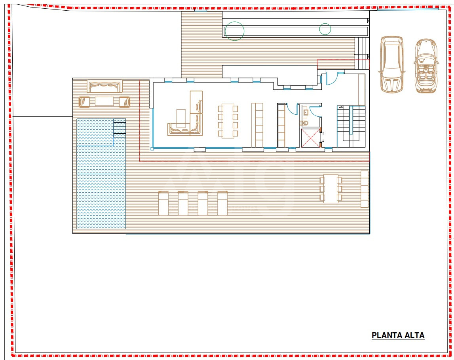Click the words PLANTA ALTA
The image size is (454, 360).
point(398,335)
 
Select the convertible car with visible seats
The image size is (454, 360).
point(426,66)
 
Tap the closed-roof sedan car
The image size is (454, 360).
point(391,64)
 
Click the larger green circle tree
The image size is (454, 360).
point(235,31)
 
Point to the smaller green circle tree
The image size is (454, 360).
point(325,29)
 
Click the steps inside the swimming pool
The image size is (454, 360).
point(120,128)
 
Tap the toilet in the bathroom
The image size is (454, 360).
point(304,123)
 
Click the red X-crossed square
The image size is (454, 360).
point(310,138)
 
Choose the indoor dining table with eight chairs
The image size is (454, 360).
point(228,121)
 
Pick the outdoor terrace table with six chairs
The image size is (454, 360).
point(331,189)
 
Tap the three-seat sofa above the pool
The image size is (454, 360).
point(104,87)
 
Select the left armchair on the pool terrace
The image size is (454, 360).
point(84,102)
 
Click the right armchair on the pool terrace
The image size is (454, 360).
point(125,102)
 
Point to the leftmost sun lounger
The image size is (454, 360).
point(163,203)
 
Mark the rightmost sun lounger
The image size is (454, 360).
point(222,203)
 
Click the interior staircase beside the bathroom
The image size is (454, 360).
point(351,127)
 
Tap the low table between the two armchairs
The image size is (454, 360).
point(104,101)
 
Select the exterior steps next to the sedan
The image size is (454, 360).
point(362,53)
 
